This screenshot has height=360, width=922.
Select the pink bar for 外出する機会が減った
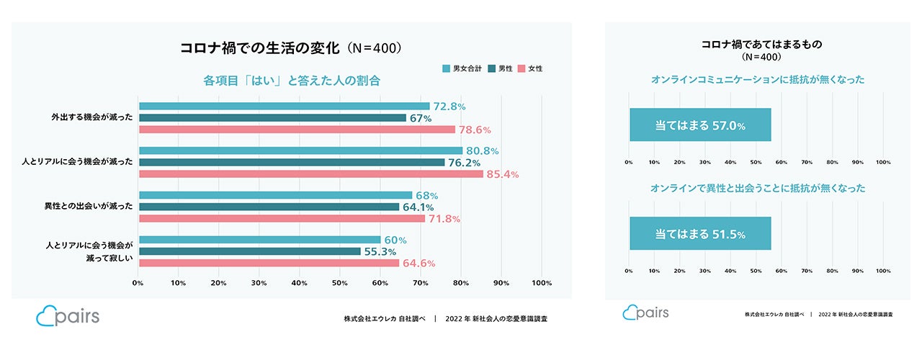[x=297, y=130]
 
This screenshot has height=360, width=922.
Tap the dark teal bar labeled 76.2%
[x=292, y=163]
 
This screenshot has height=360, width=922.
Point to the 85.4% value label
[x=503, y=174]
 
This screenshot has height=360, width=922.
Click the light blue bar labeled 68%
[x=275, y=195]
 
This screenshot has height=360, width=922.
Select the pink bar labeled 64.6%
[x=269, y=263]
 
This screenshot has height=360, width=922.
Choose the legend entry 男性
[x=499, y=68]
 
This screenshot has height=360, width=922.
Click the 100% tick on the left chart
[x=541, y=283]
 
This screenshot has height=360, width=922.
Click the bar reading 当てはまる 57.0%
[x=700, y=125]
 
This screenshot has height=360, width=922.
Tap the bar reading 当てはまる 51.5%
[x=700, y=234]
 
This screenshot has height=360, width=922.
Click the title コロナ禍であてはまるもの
[x=761, y=44]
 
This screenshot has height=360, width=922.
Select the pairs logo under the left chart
[x=68, y=317]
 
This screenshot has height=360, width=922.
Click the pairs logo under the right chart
[x=646, y=312]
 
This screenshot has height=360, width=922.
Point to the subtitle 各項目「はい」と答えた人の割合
[x=292, y=81]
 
